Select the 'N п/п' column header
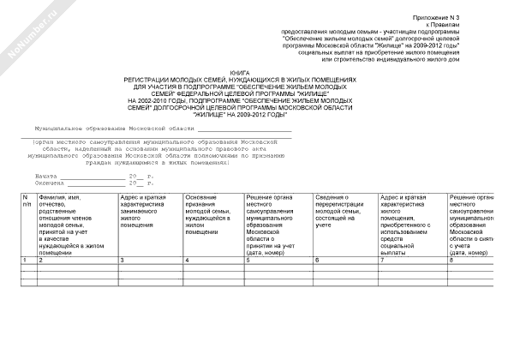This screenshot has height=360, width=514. (x=27, y=202)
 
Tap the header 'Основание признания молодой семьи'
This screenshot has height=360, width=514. (x=212, y=214)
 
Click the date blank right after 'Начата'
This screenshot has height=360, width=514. (x=93, y=175)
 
